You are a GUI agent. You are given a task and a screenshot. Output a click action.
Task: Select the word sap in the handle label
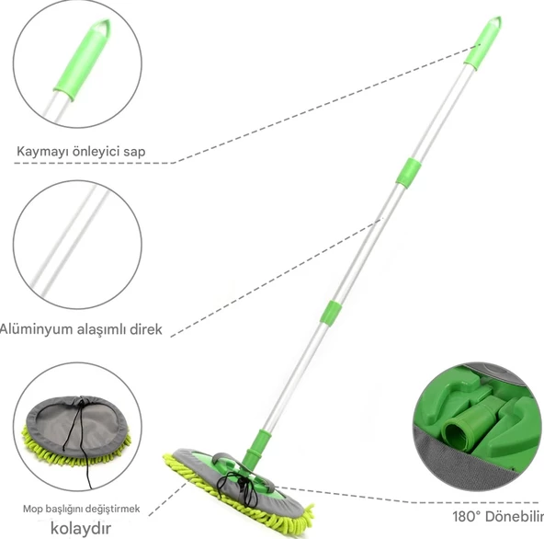coord(134,153)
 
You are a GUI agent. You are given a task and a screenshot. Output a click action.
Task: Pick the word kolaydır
coord(81,528)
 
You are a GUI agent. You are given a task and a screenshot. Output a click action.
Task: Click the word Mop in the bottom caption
coord(30,510)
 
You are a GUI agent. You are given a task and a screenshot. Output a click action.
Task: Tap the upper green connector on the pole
coord(409,173)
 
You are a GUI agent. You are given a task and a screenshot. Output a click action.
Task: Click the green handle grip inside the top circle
coord(82,60)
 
